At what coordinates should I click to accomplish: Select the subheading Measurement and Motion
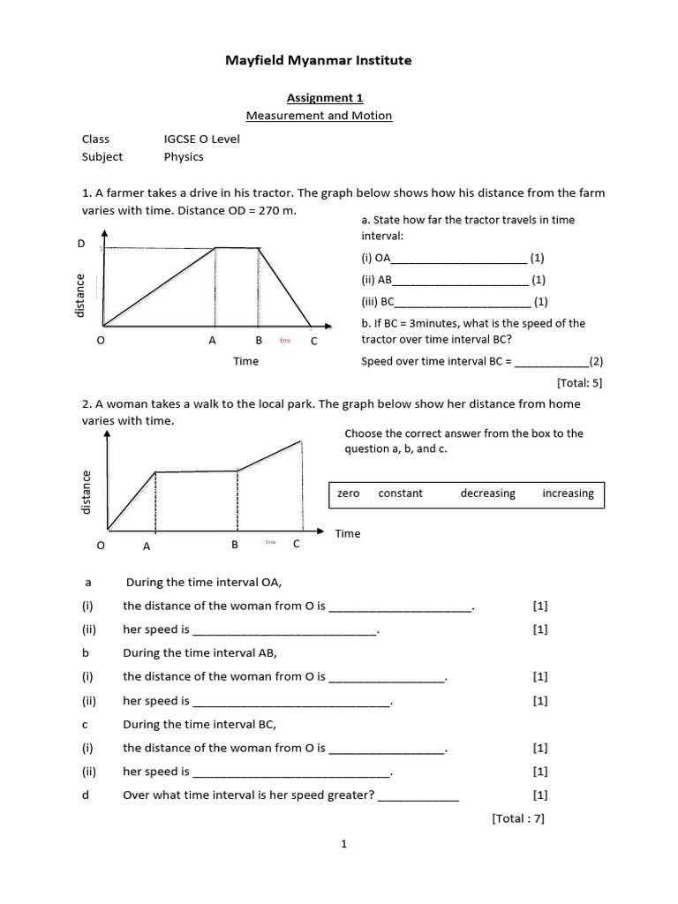pyautogui.click(x=319, y=116)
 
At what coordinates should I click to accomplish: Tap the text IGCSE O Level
pyautogui.click(x=201, y=139)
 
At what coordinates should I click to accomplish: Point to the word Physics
pyautogui.click(x=184, y=156)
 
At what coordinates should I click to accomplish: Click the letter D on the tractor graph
pyautogui.click(x=81, y=243)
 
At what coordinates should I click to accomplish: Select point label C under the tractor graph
pyautogui.click(x=313, y=341)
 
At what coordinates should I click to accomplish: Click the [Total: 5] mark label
pyautogui.click(x=579, y=383)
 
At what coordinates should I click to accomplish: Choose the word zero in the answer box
pyautogui.click(x=349, y=493)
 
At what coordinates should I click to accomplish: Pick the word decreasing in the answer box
pyautogui.click(x=487, y=493)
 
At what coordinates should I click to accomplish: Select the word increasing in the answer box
pyautogui.click(x=568, y=493)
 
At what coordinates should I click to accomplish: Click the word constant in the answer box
pyautogui.click(x=401, y=493)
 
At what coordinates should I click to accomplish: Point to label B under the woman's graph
pyautogui.click(x=235, y=545)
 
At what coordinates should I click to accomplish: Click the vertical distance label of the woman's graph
pyautogui.click(x=87, y=493)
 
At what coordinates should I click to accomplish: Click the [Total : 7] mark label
pyautogui.click(x=518, y=818)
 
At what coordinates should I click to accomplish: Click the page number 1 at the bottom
pyautogui.click(x=344, y=844)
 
